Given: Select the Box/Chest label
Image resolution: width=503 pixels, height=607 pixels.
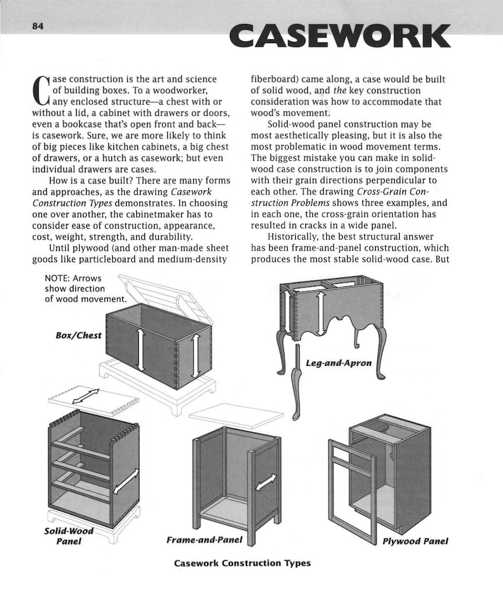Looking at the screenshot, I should point(78,335).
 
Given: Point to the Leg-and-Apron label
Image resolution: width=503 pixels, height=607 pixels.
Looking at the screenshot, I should point(338,364).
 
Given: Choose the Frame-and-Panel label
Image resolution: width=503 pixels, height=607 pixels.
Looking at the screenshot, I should point(205,540).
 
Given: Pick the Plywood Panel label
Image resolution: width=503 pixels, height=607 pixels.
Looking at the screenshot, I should point(415,541).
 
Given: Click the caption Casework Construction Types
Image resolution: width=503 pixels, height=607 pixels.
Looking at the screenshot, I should point(243,563).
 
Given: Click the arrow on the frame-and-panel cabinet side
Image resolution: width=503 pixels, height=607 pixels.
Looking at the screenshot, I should point(266,483).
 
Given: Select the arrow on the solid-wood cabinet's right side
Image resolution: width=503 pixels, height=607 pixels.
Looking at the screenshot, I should point(126,481).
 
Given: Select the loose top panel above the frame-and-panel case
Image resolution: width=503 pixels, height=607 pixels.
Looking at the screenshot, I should point(236,415).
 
